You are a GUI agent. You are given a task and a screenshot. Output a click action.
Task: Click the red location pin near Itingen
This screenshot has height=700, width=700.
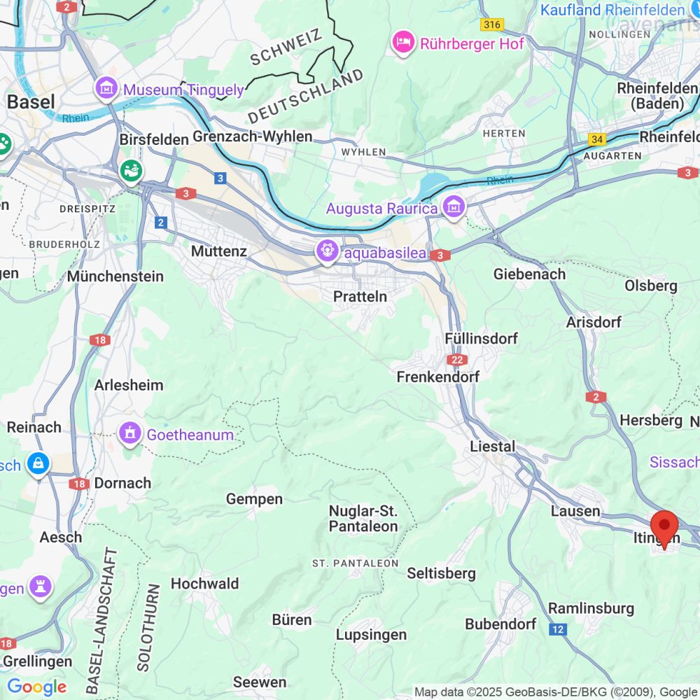pyautogui.click(x=664, y=526)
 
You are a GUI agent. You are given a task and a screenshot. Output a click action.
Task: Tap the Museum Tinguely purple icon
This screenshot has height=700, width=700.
pyautogui.click(x=106, y=89)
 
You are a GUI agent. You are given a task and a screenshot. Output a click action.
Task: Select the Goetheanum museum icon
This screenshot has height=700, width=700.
pyautogui.click(x=130, y=434)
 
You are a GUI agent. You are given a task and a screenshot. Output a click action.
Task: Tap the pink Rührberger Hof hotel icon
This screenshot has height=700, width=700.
pyautogui.click(x=403, y=43)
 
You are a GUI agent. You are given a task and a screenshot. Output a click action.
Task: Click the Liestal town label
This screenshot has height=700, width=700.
pyautogui.click(x=492, y=447)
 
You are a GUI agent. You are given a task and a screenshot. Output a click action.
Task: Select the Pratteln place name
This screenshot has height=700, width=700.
pyautogui.click(x=360, y=297)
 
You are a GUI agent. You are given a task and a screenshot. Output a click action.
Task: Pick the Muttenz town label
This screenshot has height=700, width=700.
pyautogui.click(x=219, y=250)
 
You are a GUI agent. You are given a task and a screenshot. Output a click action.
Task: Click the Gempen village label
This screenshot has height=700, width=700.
pyautogui.click(x=254, y=499)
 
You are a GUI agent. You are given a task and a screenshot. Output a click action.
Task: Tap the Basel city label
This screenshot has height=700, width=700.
pyautogui.click(x=31, y=102)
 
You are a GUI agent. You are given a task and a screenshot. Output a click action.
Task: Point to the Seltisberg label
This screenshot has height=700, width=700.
pyautogui.click(x=441, y=573)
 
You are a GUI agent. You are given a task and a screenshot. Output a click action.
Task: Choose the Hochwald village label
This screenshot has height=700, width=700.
pyautogui.click(x=204, y=583)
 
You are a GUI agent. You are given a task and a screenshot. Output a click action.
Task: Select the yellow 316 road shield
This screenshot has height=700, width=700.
pyautogui.click(x=492, y=24)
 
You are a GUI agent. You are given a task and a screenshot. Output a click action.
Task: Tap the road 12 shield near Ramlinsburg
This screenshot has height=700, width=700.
pyautogui.click(x=557, y=629)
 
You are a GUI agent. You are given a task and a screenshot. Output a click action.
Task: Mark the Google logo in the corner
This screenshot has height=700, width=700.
pyautogui.click(x=36, y=687)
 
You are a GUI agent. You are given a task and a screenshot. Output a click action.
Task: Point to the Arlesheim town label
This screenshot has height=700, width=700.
pyautogui.click(x=129, y=385)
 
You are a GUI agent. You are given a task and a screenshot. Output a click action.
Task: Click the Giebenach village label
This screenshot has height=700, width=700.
pyautogui.click(x=529, y=274)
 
